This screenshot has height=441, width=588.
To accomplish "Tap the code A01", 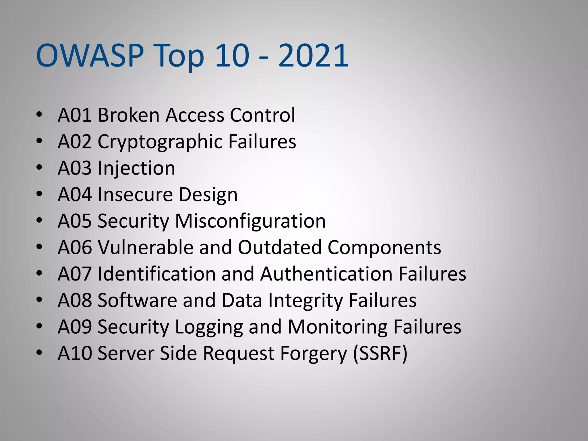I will pos(75,115).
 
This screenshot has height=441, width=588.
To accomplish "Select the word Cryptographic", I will pos(160,142).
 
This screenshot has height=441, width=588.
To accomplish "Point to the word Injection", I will pos(136,168).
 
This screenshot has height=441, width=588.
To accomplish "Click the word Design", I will pos(208,195).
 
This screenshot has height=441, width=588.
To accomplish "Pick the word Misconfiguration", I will pos(250,221).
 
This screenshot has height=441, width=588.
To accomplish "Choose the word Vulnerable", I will pos(146,247).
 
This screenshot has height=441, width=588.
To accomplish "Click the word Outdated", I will pos(280,247).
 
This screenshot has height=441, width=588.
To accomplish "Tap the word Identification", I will pos(157,274).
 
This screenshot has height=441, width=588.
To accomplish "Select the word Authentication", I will pos(326,274).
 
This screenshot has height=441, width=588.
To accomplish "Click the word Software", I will pos(137,300).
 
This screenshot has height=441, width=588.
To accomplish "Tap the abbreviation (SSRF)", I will pos(380,353).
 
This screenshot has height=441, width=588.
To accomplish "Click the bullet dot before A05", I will pos(39,220).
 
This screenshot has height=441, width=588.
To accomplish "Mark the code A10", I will pos(75,353).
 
